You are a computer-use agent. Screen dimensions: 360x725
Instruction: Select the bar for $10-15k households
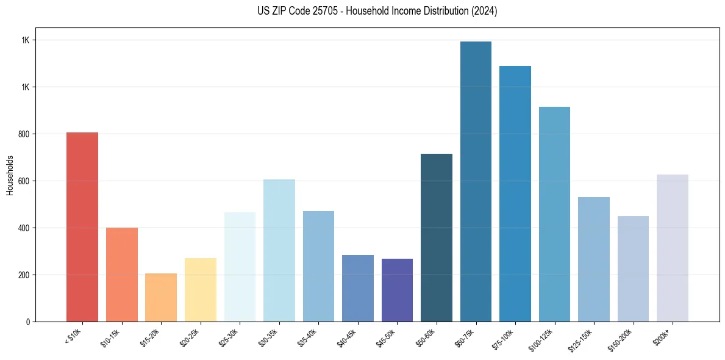(x=121, y=275)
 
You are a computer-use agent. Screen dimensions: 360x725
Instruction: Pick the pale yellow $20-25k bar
(x=200, y=290)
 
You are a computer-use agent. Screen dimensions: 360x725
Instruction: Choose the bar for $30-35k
(x=279, y=250)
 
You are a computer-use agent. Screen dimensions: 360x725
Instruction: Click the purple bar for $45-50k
(x=397, y=290)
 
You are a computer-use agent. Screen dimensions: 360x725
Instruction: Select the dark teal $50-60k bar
(x=437, y=237)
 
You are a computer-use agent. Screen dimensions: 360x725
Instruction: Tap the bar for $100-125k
(x=554, y=214)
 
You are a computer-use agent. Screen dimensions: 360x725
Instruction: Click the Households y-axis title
(x=10, y=175)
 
